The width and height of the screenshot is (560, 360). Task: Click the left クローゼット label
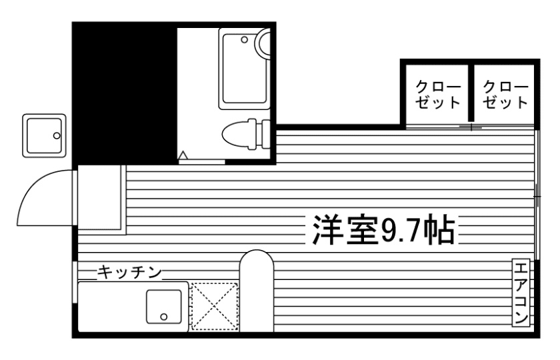pyautogui.click(x=437, y=95)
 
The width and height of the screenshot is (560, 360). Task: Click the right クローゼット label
pyautogui.click(x=505, y=95)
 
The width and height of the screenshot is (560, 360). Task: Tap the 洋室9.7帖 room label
pyautogui.click(x=381, y=231)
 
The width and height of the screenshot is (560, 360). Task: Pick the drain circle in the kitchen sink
pyautogui.click(x=165, y=315)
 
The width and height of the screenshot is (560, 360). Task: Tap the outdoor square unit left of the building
pyautogui.click(x=44, y=135)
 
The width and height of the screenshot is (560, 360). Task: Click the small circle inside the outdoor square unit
pyautogui.click(x=57, y=136)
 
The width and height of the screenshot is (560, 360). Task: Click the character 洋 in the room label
pyautogui.click(x=322, y=231)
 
